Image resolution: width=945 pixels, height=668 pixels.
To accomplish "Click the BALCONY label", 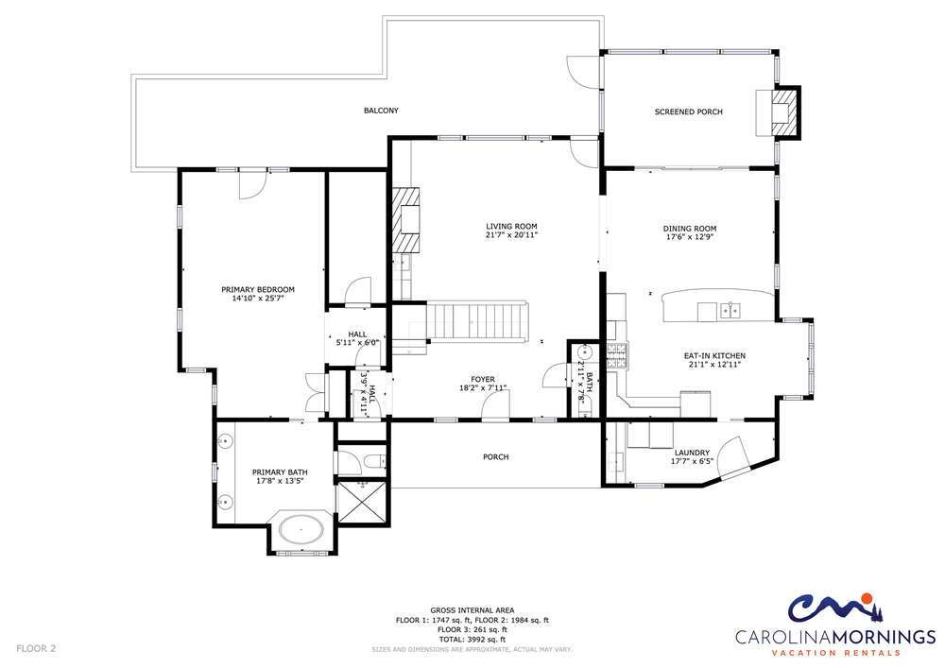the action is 381,111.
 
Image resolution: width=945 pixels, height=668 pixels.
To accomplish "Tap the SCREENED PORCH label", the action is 688,112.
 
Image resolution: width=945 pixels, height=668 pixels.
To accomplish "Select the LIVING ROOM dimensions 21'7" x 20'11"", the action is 511,235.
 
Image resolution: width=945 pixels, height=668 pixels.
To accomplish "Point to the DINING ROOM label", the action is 690,229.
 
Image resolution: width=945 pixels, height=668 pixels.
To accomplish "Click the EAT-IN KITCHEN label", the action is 714,356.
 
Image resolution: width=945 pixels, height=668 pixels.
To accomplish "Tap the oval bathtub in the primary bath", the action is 301,531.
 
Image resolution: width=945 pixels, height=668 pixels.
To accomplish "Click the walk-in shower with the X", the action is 362,502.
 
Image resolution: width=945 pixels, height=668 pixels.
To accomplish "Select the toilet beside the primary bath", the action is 373,462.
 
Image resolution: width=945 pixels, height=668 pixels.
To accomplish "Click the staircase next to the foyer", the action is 473,322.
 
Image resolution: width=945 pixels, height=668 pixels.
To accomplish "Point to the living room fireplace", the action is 406,220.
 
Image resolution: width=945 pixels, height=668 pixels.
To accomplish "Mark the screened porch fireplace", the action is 779,112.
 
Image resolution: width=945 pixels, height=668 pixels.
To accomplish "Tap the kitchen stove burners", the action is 617,355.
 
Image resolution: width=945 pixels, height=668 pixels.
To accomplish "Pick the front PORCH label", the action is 496,457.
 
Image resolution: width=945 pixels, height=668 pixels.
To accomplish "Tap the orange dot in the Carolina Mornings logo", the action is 866,599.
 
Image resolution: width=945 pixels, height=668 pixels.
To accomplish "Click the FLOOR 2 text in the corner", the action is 36,649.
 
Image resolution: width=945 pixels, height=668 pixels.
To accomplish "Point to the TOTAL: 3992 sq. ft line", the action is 472,640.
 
